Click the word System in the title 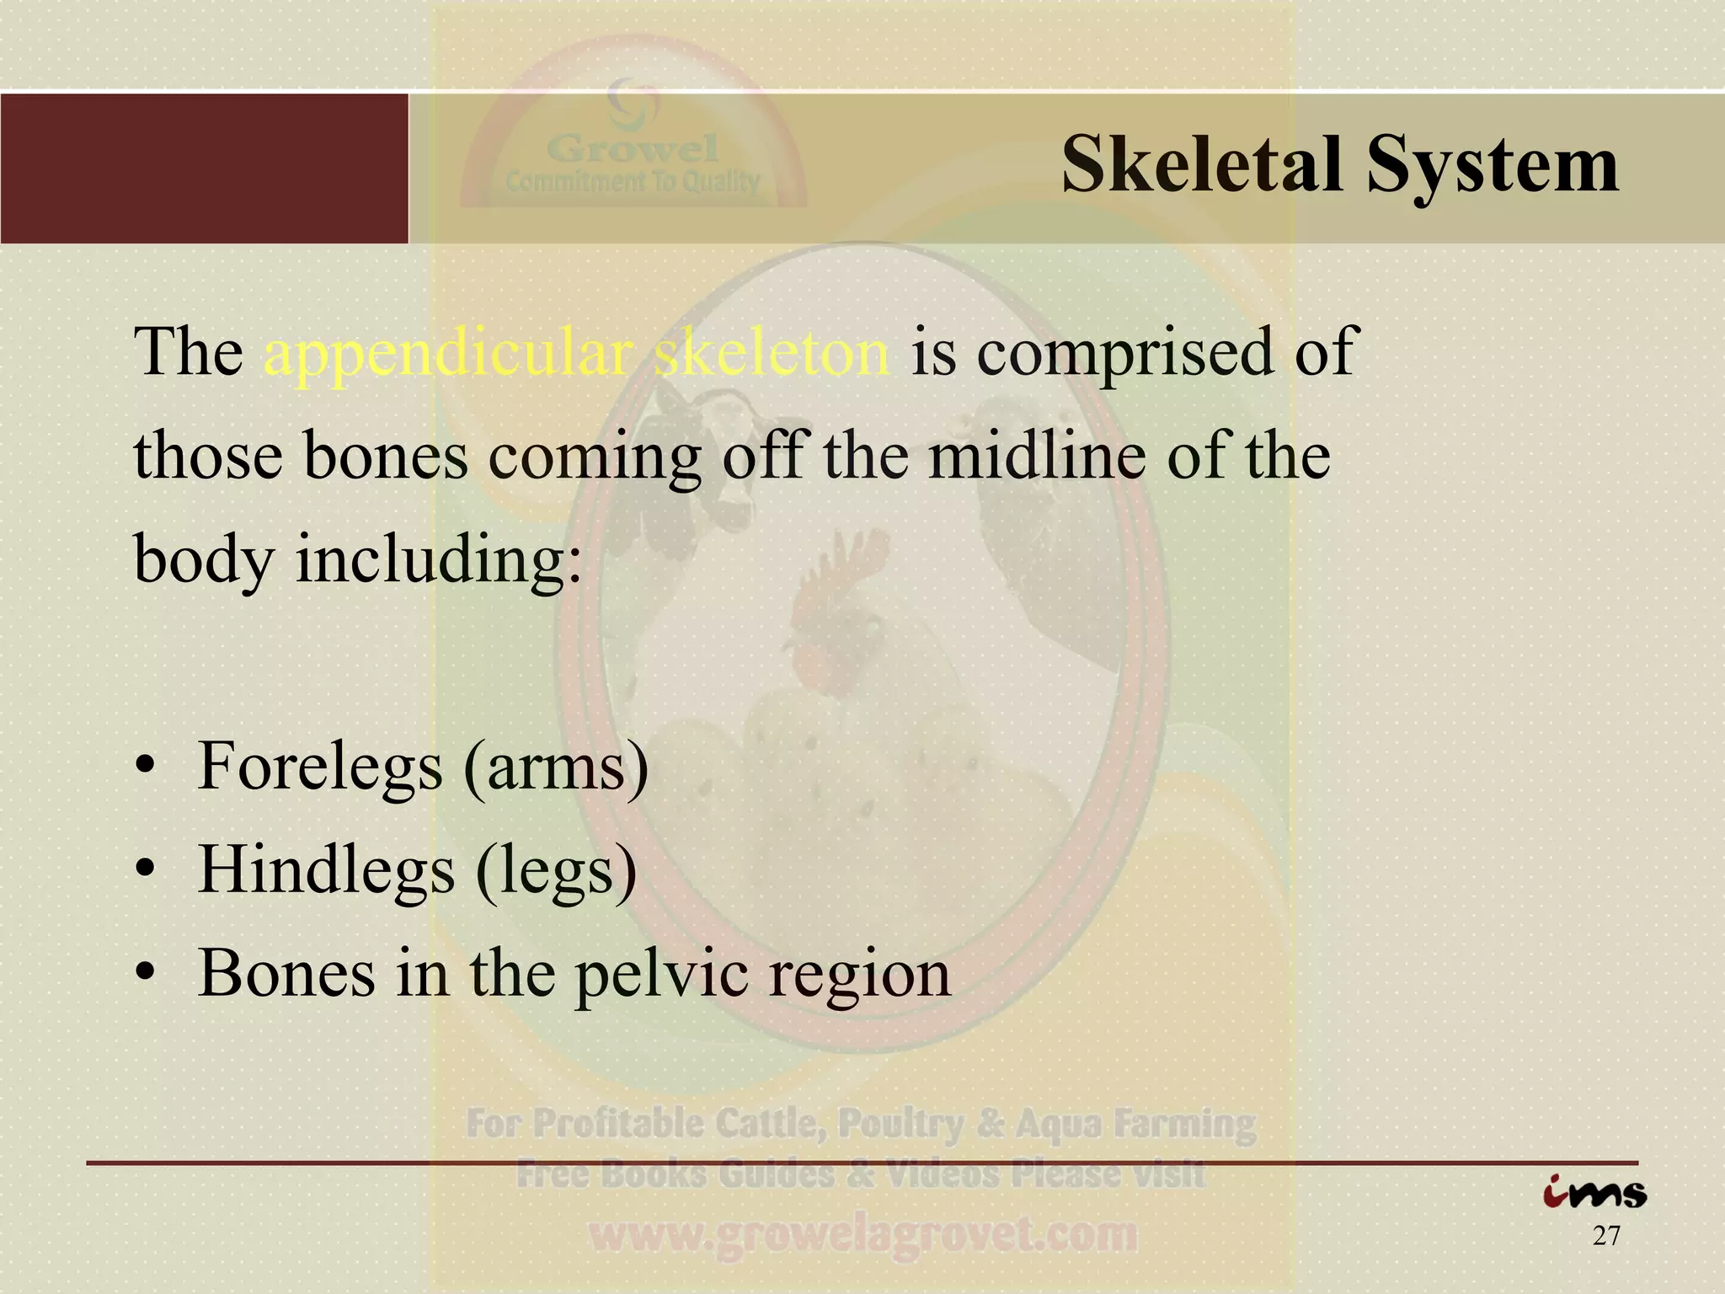pos(1492,166)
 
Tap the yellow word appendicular pos(448,352)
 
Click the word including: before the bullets pos(438,560)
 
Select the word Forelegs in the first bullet pos(319,767)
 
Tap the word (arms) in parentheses pos(557,767)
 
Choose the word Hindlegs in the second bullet pos(325,870)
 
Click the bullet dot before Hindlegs pos(146,870)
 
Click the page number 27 pos(1606,1236)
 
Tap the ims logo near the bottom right pos(1594,1193)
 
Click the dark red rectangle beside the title pos(204,168)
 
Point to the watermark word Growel pos(633,149)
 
